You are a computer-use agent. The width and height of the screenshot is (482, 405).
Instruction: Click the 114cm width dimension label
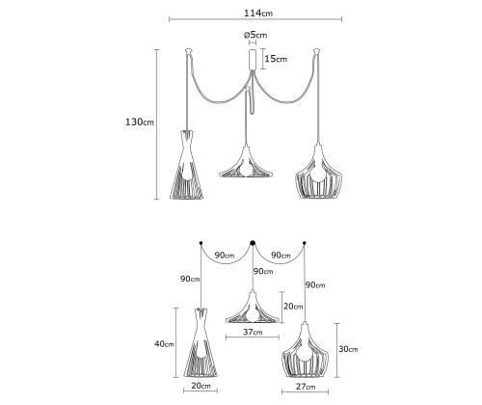(x=258, y=13)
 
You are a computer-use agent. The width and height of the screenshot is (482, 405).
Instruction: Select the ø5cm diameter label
(x=255, y=35)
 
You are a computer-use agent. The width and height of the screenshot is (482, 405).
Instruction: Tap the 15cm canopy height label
(x=276, y=59)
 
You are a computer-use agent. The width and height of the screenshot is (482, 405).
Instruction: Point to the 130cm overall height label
(x=140, y=122)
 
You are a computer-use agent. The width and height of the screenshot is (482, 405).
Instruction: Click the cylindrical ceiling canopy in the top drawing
(x=253, y=59)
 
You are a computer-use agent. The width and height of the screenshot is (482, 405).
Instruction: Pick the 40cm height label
(x=164, y=344)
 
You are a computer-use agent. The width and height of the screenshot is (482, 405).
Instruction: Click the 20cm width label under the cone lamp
(x=201, y=386)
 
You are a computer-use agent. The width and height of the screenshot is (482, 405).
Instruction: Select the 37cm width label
(x=253, y=332)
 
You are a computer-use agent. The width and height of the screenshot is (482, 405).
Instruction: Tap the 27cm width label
(x=306, y=387)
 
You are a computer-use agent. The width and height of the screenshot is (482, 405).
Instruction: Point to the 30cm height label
(x=348, y=349)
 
